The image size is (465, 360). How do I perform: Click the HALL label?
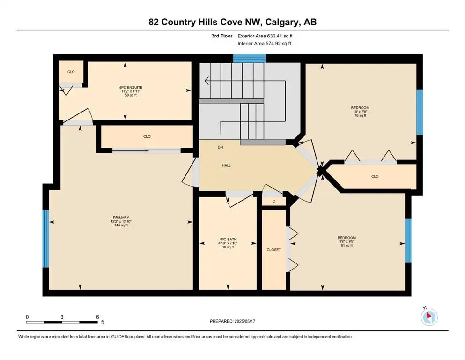226,165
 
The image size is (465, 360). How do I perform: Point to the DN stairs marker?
220,147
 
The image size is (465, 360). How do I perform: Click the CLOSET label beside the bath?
273,250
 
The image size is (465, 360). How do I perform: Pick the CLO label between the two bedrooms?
375,176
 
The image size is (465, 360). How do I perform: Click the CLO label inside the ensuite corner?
71,72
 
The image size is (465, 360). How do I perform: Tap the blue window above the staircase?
250,58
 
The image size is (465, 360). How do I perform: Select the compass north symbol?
428,317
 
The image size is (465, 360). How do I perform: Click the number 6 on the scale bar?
97,317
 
